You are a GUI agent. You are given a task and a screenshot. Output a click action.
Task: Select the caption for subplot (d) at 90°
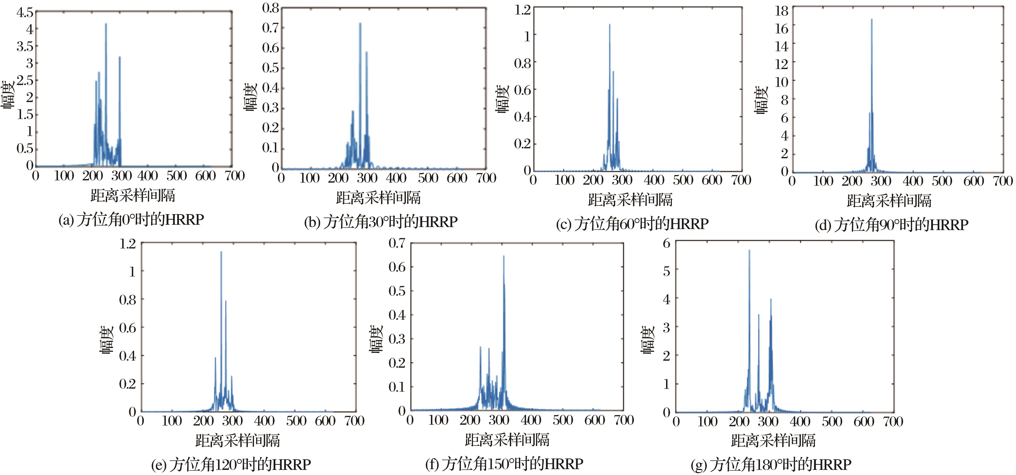click(891, 225)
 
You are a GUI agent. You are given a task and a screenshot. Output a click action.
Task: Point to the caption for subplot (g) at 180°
click(771, 465)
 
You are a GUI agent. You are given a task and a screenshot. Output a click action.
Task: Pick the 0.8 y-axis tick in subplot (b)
click(271, 8)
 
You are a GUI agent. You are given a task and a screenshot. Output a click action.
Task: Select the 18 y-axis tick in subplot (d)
click(781, 11)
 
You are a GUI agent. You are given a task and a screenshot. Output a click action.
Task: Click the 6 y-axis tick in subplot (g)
click(667, 243)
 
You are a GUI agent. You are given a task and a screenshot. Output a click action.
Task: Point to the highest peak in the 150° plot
click(504, 257)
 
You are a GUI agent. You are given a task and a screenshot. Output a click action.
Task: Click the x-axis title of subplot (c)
click(630, 200)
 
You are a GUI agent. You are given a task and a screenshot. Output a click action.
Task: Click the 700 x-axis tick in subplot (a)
click(235, 176)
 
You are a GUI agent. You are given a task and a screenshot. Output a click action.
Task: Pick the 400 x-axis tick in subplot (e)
click(264, 421)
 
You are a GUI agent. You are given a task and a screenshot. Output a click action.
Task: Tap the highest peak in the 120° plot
click(221, 252)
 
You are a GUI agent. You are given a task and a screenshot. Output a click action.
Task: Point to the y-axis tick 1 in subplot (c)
click(527, 36)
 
